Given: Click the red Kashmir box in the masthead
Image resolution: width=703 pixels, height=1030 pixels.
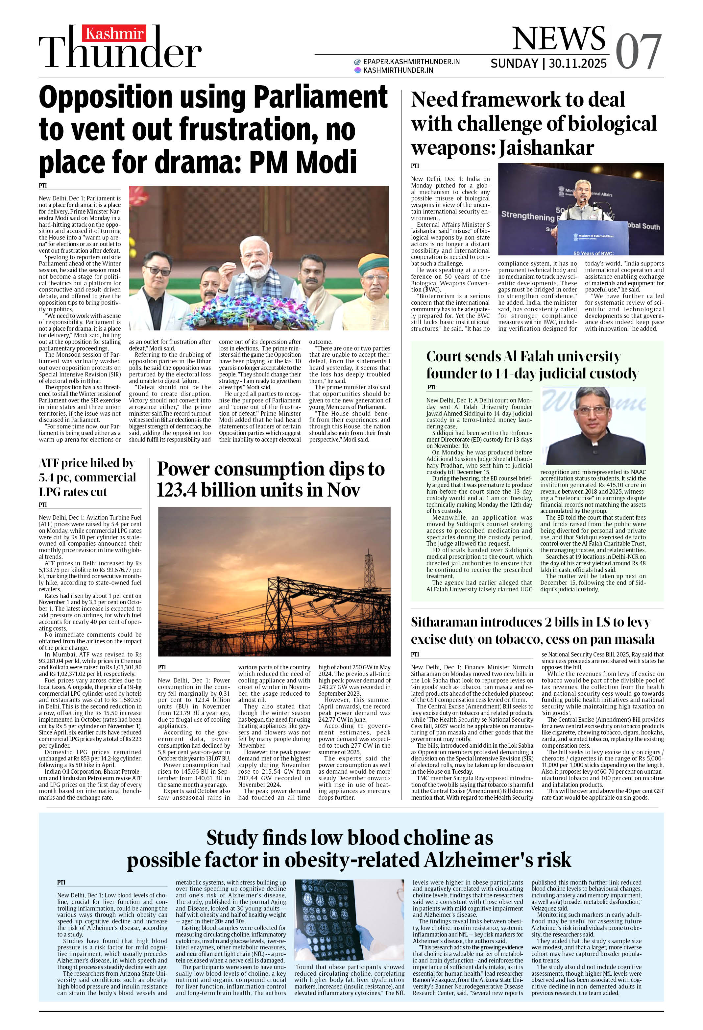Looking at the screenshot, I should pos(114,34).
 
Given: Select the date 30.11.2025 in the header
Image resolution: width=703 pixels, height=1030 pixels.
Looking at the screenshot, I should pos(578,64).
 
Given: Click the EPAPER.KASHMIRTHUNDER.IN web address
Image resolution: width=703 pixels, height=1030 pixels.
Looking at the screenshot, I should pos(411,62).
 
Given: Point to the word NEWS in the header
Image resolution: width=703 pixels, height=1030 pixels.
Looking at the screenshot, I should pos(559,39).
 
